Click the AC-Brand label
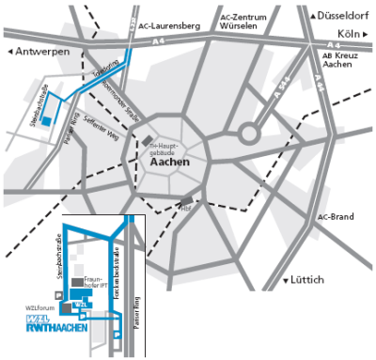tap(335, 217)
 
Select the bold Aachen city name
tap(170, 161)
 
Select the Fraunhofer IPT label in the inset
tap(99, 282)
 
